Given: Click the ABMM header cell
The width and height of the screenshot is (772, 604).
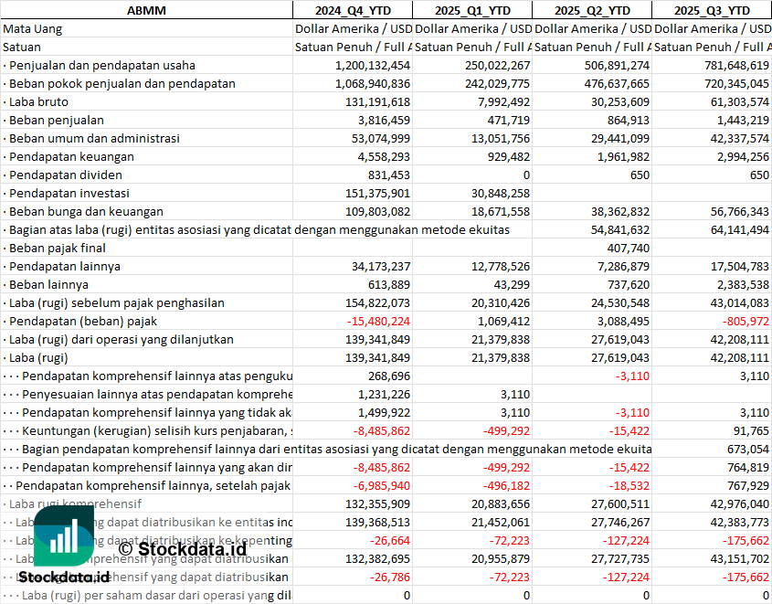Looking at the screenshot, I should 145,10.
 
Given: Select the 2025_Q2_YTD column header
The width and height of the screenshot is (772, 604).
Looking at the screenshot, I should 592,10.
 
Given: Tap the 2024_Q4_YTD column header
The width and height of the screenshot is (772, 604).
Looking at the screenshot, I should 352,10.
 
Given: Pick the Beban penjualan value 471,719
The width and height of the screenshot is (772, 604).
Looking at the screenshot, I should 503,120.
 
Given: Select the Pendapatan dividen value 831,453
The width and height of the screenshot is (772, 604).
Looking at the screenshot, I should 387,175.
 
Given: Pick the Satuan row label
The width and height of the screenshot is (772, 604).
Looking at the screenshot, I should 22,47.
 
